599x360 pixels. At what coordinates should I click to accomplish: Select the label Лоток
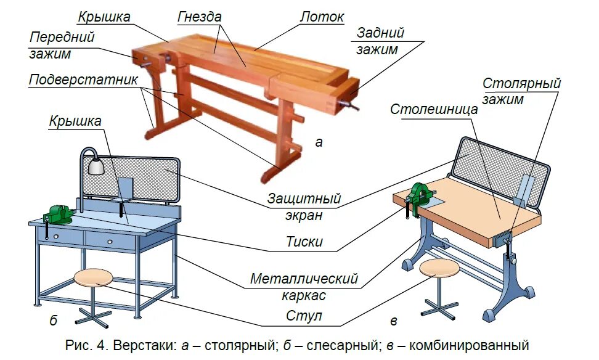(322, 17)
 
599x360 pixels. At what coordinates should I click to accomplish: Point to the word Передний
(62, 37)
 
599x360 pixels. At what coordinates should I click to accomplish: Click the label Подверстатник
(83, 81)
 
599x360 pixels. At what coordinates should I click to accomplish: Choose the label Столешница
(434, 109)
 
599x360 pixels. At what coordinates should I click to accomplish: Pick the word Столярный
(521, 83)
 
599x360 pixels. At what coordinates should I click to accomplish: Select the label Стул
(304, 317)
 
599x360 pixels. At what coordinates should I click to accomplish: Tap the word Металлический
(304, 279)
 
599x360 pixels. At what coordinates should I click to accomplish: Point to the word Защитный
(304, 198)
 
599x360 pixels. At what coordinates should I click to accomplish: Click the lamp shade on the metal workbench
(96, 166)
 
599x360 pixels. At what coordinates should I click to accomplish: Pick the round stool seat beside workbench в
(439, 268)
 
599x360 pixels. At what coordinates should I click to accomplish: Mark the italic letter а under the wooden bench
(319, 142)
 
